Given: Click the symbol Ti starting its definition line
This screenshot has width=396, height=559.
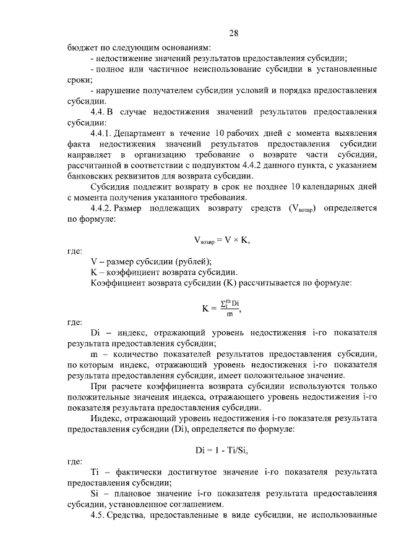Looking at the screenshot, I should coord(95,472).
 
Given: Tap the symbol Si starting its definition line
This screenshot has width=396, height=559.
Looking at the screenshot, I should coord(95,493).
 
